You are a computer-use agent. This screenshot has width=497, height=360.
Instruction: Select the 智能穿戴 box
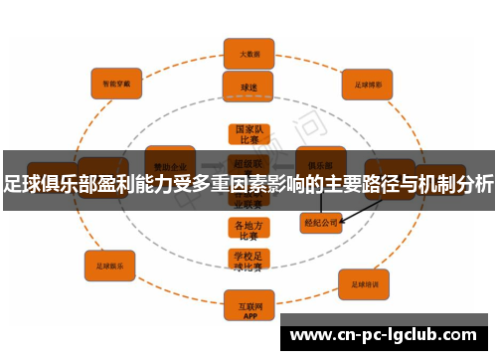(x=117, y=84)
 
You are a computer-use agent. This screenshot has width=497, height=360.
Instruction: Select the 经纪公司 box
(x=320, y=224)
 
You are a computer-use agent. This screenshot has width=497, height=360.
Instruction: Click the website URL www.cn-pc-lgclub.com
(x=383, y=335)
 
